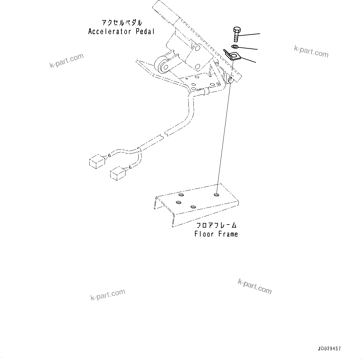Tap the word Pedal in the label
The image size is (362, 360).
(145, 32)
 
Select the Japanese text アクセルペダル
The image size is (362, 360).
(122, 23)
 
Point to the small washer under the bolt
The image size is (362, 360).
(234, 47)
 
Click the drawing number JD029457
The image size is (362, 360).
(329, 349)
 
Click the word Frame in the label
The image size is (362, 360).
(228, 234)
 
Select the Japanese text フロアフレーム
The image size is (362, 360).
(216, 225)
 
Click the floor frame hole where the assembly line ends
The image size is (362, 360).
(216, 195)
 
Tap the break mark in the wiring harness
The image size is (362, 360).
(163, 135)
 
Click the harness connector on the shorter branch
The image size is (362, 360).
(118, 172)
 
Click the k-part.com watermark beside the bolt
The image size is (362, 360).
(311, 51)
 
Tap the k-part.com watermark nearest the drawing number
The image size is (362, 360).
(255, 286)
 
